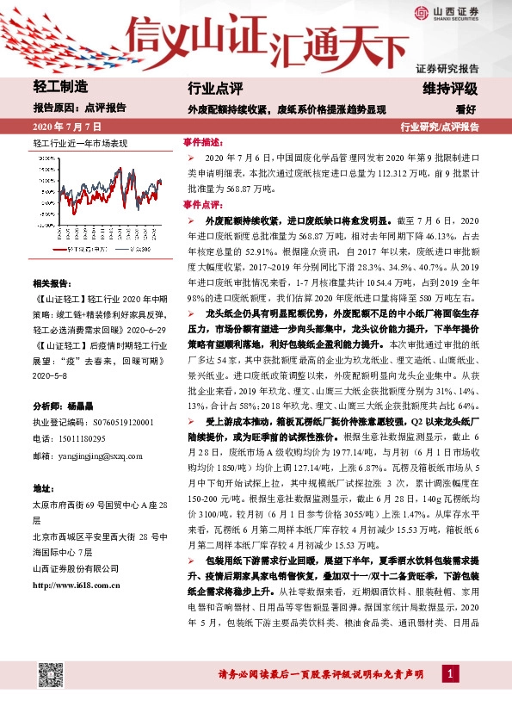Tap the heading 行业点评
click(215, 88)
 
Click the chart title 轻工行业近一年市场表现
click(79, 141)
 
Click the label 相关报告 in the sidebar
click(52, 283)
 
